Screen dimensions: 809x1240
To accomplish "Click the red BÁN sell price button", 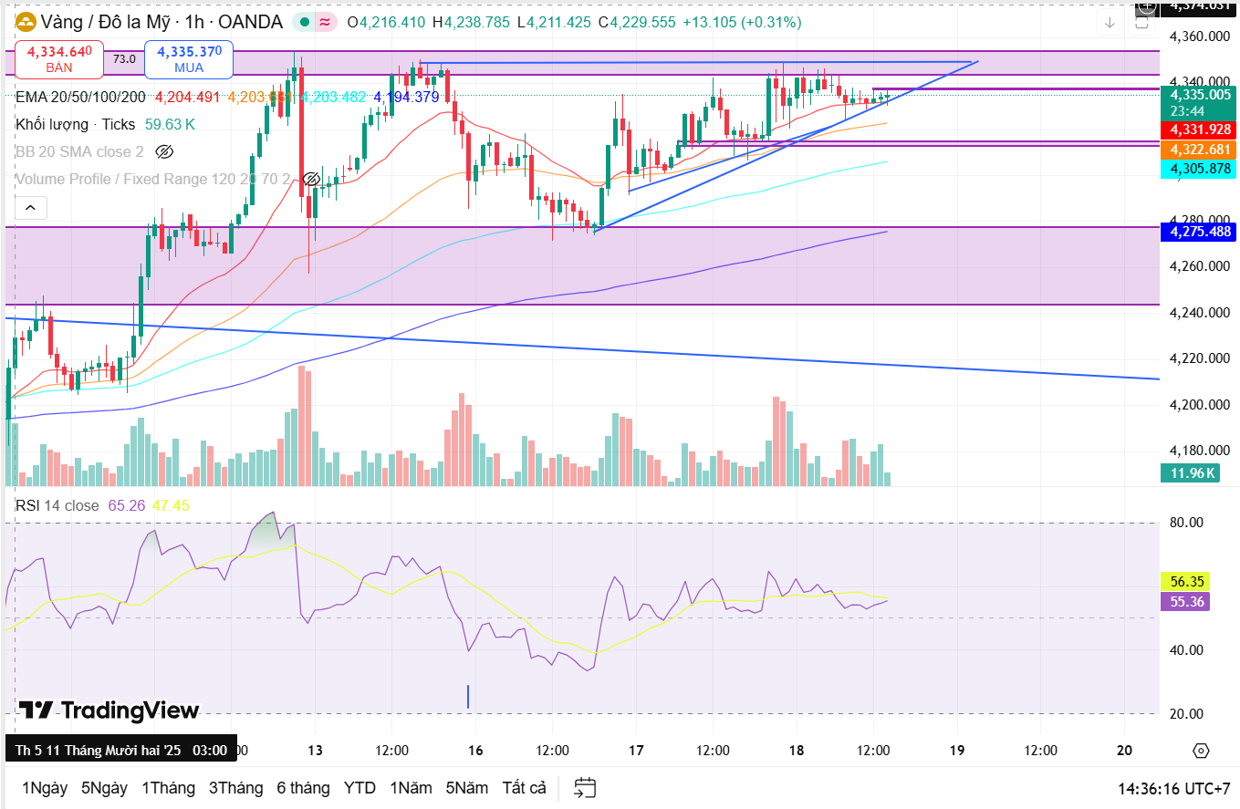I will pyautogui.click(x=58, y=59).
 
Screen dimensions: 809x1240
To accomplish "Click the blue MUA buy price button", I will pyautogui.click(x=189, y=59).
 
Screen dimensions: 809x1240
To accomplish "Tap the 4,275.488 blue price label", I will pyautogui.click(x=1199, y=232).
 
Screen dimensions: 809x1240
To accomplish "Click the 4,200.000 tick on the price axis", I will pyautogui.click(x=1199, y=405).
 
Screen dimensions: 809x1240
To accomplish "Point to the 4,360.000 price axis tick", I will pyautogui.click(x=1199, y=37).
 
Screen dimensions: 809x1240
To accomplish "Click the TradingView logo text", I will pyautogui.click(x=109, y=710).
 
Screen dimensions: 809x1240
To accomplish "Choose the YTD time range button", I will pyautogui.click(x=359, y=788).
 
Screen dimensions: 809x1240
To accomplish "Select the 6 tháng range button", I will pyautogui.click(x=304, y=788).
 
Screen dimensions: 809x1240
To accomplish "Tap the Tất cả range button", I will pyautogui.click(x=524, y=788).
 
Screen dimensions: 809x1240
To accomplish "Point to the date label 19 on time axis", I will pyautogui.click(x=957, y=751).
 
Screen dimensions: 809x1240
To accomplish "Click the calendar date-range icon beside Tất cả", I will pyautogui.click(x=585, y=788).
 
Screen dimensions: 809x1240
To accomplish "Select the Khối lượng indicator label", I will pyautogui.click(x=52, y=124).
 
